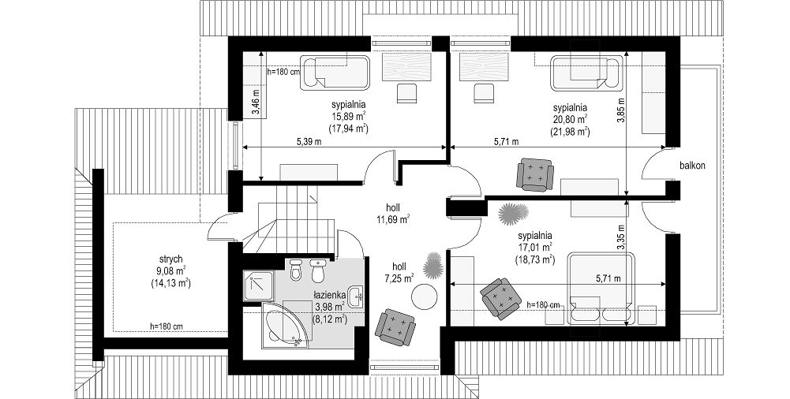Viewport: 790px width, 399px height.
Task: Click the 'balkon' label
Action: (x=691, y=165)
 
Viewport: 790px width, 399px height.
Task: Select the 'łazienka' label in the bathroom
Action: (x=330, y=296)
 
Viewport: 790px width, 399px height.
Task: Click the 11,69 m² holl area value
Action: (x=392, y=219)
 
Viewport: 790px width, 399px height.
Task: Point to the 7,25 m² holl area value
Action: (x=398, y=278)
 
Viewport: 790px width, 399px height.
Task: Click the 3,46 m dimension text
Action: (x=256, y=103)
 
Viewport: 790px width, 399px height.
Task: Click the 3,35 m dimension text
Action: (x=620, y=237)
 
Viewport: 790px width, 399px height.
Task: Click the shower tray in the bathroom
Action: (x=258, y=285)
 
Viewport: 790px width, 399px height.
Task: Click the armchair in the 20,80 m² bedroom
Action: (x=535, y=174)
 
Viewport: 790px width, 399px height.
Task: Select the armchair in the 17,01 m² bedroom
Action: (x=501, y=299)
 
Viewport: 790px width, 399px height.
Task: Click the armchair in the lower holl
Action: (x=396, y=326)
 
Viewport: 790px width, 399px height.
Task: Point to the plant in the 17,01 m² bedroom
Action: (x=513, y=214)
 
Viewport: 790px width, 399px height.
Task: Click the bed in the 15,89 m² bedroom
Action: (x=335, y=73)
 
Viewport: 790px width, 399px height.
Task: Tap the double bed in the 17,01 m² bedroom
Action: (x=601, y=289)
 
